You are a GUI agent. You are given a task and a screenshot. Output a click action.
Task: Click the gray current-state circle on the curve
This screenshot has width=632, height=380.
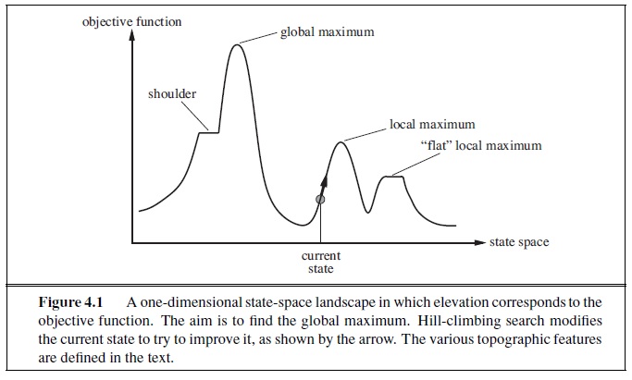(x=320, y=199)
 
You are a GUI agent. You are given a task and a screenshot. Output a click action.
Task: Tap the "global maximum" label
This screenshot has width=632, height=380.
(x=327, y=32)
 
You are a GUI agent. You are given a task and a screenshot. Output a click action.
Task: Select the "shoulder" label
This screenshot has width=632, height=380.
(x=172, y=94)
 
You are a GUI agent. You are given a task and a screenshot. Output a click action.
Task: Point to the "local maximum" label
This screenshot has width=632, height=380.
(x=432, y=124)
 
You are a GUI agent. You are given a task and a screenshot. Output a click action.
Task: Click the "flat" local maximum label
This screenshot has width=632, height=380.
(x=480, y=145)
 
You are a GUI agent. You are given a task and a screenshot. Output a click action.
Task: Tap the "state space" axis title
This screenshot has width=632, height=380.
(x=518, y=242)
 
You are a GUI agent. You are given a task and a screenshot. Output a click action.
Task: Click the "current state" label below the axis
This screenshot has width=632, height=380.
(x=321, y=262)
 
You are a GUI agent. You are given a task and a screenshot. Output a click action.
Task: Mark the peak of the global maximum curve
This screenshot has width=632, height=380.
(x=238, y=44)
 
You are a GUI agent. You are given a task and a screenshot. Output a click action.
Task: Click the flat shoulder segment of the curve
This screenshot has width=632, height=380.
(x=210, y=133)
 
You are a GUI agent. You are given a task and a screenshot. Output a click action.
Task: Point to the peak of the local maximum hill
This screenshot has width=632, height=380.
(x=342, y=141)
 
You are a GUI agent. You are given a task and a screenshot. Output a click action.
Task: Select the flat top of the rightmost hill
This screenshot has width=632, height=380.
(x=395, y=176)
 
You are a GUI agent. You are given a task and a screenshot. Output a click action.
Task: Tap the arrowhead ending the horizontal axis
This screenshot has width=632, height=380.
(x=479, y=243)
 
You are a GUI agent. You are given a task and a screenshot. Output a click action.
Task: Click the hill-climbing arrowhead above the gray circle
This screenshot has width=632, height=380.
(x=326, y=175)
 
